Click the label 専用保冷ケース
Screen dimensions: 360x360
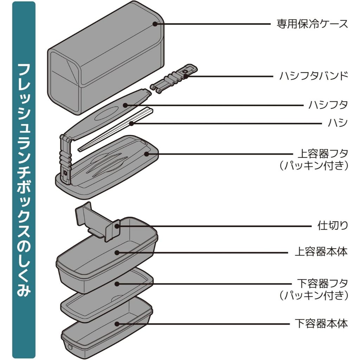point(312,24)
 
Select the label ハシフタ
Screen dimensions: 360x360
point(328,104)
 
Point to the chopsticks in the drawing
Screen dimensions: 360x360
point(116,130)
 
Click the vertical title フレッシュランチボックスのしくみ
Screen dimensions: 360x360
point(24,179)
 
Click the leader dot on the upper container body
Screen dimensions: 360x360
point(117,252)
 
